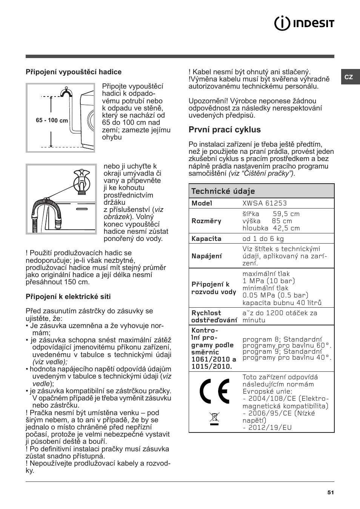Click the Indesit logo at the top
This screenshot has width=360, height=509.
click(304, 23)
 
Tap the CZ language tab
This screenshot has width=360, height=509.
click(349, 77)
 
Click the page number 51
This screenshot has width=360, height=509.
click(331, 492)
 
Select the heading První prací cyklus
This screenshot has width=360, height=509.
click(225, 130)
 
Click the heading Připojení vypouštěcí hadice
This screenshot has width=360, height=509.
click(74, 72)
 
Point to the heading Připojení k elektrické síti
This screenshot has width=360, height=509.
click(68, 297)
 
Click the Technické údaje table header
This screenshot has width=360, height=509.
click(223, 191)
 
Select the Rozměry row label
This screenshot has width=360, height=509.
click(206, 221)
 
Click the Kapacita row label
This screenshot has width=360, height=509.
click(206, 239)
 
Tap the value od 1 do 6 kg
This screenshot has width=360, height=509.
click(263, 239)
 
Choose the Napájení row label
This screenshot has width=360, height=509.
click(206, 256)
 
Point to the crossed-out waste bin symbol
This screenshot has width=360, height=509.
click(214, 418)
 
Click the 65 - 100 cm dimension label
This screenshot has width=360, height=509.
click(52, 121)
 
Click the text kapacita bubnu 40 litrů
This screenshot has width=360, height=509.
click(282, 302)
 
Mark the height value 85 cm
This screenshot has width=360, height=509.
click(282, 221)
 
